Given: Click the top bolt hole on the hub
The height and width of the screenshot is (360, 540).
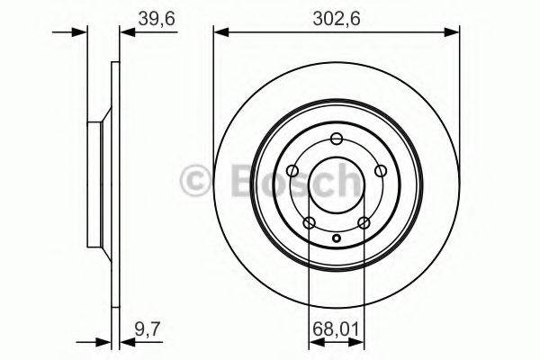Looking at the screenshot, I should pos(337,139).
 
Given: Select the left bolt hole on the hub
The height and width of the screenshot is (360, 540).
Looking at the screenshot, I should pos(292,171).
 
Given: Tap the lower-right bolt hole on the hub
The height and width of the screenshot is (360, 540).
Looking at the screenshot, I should pos(364,223).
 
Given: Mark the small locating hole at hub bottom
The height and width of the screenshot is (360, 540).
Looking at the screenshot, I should pos(337,238).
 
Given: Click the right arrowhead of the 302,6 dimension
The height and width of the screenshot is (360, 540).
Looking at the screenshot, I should pos(454,32).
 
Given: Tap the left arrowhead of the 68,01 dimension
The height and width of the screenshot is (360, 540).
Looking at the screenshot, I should pos(313,343).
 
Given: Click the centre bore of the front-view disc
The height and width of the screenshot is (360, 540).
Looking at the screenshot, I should pos(337,184).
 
